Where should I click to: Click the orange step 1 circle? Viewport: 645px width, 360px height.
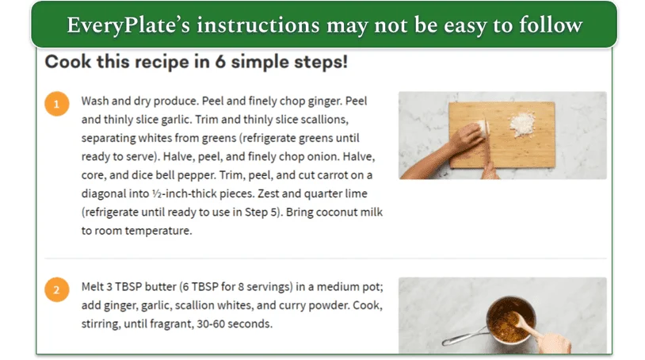tap(56, 104)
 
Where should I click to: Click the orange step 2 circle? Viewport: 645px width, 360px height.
tap(56, 289)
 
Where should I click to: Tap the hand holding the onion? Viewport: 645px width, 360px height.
tap(468, 139)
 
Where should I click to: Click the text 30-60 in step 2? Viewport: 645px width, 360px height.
tap(235, 324)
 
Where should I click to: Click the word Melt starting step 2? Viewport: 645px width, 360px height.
tap(94, 287)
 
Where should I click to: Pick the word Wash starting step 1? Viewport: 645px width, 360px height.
tap(96, 101)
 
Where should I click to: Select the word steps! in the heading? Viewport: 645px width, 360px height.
tap(321, 61)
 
